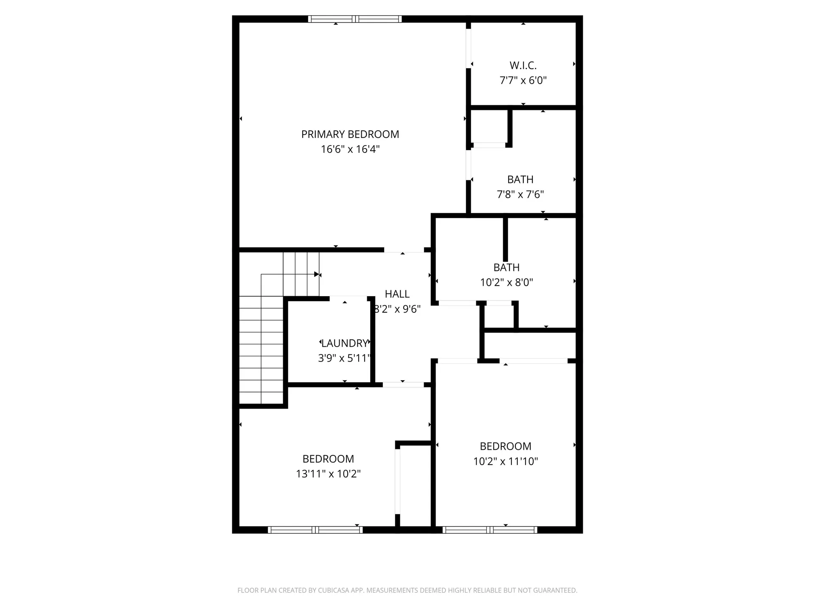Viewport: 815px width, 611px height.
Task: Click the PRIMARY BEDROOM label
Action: point(350,135)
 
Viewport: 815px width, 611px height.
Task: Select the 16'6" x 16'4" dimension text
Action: point(350,149)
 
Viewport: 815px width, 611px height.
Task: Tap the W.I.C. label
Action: point(523,66)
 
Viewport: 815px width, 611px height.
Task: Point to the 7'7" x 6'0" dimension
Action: point(523,81)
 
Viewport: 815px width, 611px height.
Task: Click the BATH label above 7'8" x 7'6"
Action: point(520,179)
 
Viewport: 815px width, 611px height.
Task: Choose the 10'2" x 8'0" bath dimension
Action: point(506,283)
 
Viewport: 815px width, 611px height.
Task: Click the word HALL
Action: point(397,294)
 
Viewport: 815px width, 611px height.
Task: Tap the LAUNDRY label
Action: point(345,343)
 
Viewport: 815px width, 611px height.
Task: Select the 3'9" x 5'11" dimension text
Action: point(344,359)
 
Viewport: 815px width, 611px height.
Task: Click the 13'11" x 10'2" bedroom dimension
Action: point(328,474)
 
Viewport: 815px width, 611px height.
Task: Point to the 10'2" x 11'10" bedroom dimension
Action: point(506,462)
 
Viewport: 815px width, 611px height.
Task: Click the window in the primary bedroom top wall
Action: point(355,19)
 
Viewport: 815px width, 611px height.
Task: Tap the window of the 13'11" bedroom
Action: point(315,530)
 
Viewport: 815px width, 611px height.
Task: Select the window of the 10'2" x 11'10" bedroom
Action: point(490,530)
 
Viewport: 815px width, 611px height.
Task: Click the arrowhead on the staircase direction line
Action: point(317,274)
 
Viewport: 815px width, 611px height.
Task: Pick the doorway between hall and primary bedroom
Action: point(404,250)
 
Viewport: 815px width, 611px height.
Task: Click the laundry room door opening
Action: point(348,298)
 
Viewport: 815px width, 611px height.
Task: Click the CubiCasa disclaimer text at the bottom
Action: point(407,590)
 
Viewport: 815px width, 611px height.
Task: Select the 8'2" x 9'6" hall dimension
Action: point(397,309)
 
